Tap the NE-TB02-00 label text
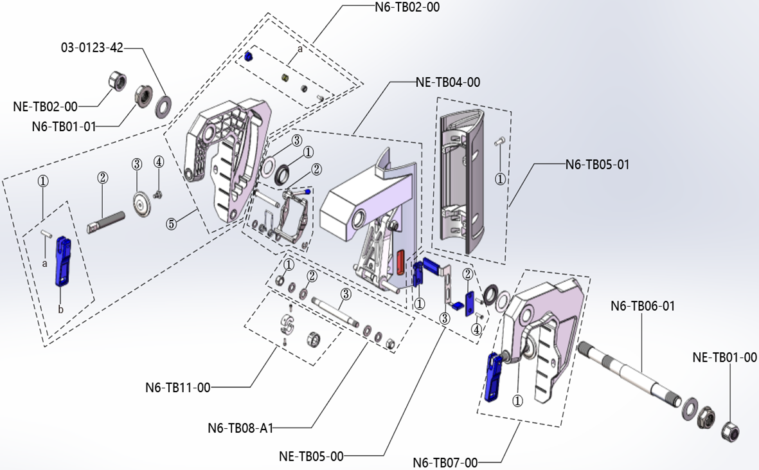45,106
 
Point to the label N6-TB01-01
64,127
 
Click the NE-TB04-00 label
447,82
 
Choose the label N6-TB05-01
597,165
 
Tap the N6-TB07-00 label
445,462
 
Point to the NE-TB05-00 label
311,456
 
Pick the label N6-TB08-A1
240,428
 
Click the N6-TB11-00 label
177,388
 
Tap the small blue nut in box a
247,57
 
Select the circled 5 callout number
171,224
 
